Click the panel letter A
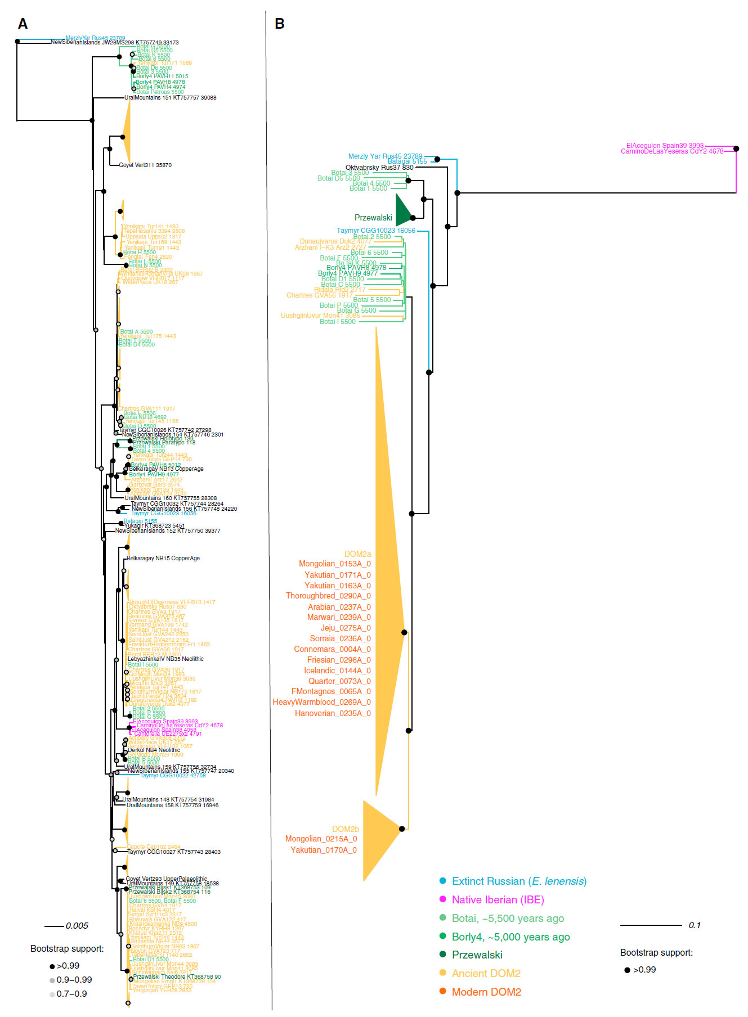[23, 24]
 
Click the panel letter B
[279, 24]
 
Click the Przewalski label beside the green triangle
[373, 218]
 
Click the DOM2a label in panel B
[357, 554]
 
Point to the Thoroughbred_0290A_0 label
[328, 596]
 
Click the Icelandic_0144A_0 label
[337, 670]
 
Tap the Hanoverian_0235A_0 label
[333, 713]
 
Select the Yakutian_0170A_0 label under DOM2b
[324, 850]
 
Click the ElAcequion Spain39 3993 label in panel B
[665, 146]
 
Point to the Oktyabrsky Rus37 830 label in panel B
[379, 168]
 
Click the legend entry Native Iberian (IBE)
[498, 900]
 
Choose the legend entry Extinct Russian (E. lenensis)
[519, 881]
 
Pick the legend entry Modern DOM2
[486, 992]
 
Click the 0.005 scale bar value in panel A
[77, 926]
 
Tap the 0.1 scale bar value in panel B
[695, 925]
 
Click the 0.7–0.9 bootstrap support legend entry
[71, 994]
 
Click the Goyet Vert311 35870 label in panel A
[145, 165]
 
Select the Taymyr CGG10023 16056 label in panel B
[376, 231]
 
